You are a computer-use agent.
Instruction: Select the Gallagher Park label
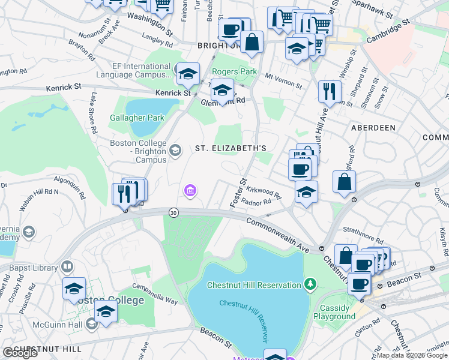(137, 118)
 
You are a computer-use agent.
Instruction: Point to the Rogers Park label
(234, 71)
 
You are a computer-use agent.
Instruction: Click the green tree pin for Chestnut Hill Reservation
(310, 283)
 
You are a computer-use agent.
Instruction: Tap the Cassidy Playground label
(334, 312)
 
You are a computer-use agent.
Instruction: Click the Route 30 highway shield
(173, 212)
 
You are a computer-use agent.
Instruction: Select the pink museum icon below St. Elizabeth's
(190, 191)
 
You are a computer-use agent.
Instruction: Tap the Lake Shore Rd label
(93, 112)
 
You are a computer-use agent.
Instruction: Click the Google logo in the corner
(20, 353)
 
